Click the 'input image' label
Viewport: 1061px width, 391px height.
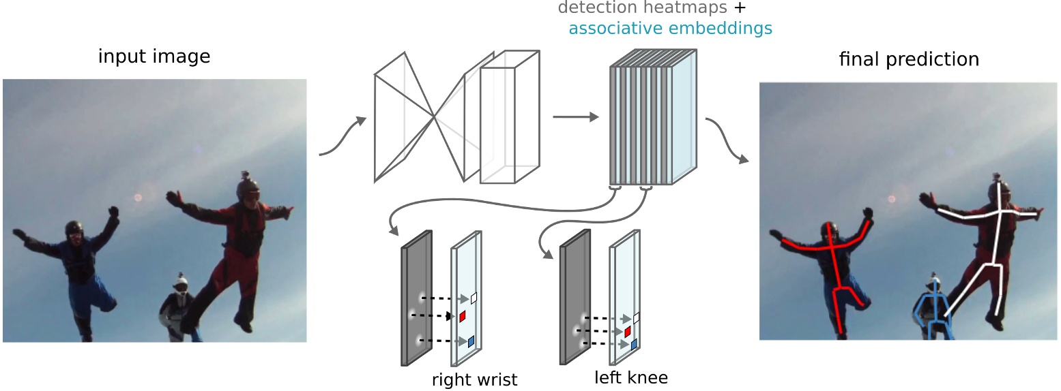pyautogui.click(x=154, y=56)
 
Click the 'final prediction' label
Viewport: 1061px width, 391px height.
pyautogui.click(x=909, y=59)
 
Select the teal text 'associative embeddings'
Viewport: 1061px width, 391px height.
pyautogui.click(x=670, y=29)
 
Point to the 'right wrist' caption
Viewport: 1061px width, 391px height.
pyautogui.click(x=475, y=379)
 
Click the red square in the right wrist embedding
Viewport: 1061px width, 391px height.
pyautogui.click(x=462, y=317)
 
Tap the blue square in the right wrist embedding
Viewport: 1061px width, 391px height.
pyautogui.click(x=470, y=341)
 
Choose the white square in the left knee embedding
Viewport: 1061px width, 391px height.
pyautogui.click(x=636, y=318)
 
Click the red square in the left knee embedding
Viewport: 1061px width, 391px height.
pyautogui.click(x=628, y=332)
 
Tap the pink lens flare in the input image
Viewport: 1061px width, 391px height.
pyautogui.click(x=139, y=198)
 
